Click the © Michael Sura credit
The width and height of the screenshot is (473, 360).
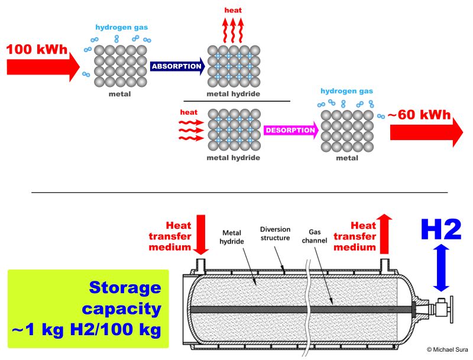(x=443, y=350)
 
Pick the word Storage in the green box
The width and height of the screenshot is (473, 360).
(x=125, y=288)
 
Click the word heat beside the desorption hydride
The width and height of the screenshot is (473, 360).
(x=189, y=112)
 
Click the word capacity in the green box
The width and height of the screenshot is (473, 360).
(x=122, y=309)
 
